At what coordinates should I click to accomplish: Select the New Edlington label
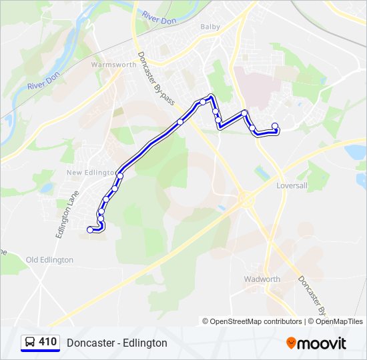coord(92,173)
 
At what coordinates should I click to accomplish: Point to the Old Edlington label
coord(49,259)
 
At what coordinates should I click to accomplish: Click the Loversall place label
coord(292,186)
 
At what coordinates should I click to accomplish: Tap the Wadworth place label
coord(262,279)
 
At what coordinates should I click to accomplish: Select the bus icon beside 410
coord(29,343)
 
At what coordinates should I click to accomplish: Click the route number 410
coord(48,342)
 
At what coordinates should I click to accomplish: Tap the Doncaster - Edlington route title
coord(117,343)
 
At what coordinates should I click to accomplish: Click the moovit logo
coord(316,343)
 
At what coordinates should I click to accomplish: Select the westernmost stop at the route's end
coord(90,230)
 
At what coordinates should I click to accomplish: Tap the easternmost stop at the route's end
coord(275,126)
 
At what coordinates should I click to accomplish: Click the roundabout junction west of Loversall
coord(245,198)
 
